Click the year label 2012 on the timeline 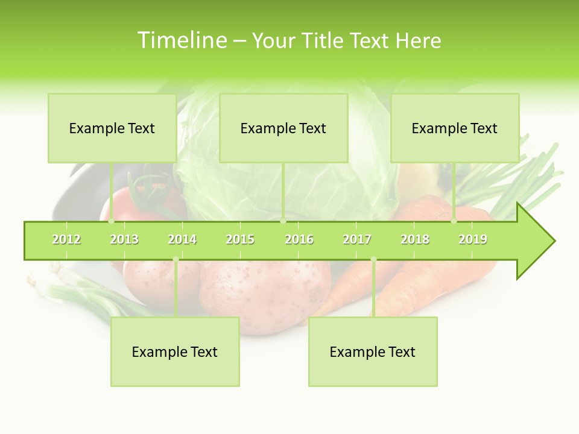coord(66,239)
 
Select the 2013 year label coord(124,239)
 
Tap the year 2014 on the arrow coord(182,239)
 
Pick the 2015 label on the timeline coord(240,239)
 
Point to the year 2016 coord(299,239)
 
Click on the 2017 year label coord(357,239)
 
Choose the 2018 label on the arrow coord(415,239)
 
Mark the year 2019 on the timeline coord(473,239)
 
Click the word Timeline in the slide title coord(182,40)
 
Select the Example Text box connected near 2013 coord(112,128)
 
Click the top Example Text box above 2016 coord(283,128)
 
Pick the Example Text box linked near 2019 coord(454,128)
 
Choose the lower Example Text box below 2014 coord(174,351)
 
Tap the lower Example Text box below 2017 coord(372,351)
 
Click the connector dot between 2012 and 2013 coord(111,221)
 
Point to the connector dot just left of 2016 coord(283,221)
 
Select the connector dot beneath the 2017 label coord(373,259)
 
